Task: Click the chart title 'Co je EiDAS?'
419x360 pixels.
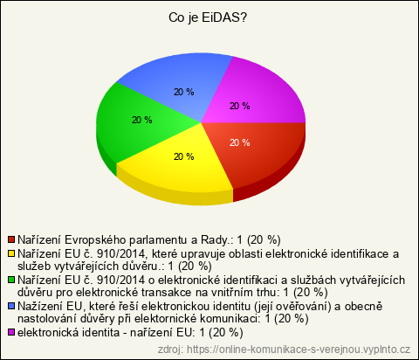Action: click(x=208, y=17)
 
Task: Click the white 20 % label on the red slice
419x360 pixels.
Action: click(x=239, y=142)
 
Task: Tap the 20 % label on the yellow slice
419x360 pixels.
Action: click(x=183, y=156)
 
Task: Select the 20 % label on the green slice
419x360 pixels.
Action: click(x=141, y=120)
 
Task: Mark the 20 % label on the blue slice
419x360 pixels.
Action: click(x=183, y=92)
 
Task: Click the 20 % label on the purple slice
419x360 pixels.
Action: click(x=239, y=106)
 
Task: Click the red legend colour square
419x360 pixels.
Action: click(x=11, y=239)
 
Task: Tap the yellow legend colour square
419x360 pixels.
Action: click(x=11, y=253)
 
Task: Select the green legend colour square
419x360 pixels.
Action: click(x=11, y=280)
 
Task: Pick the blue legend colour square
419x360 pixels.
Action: click(x=11, y=306)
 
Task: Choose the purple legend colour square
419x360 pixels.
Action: click(x=11, y=332)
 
